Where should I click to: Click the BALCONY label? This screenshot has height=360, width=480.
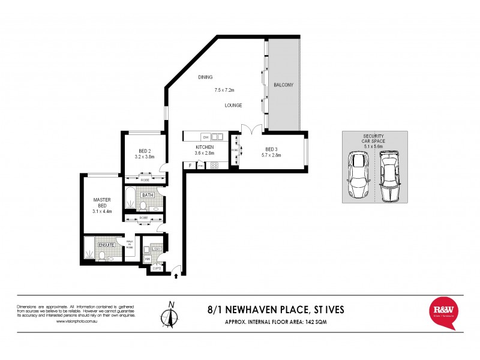coord(283,85)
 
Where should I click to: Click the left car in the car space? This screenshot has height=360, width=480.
coord(358,176)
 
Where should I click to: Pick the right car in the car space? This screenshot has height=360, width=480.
coord(389,176)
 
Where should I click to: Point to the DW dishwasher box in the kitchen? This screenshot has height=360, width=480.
coord(205,137)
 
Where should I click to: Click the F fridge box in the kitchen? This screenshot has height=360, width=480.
coord(190,165)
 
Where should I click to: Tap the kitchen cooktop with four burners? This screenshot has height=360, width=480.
coord(214,166)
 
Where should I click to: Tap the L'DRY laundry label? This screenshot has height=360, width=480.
coord(157,249)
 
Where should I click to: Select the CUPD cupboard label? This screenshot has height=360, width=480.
coord(157,269)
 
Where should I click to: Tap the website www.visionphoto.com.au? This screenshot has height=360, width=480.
coord(76,322)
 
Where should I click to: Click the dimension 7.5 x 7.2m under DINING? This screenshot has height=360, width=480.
coord(224,91)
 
